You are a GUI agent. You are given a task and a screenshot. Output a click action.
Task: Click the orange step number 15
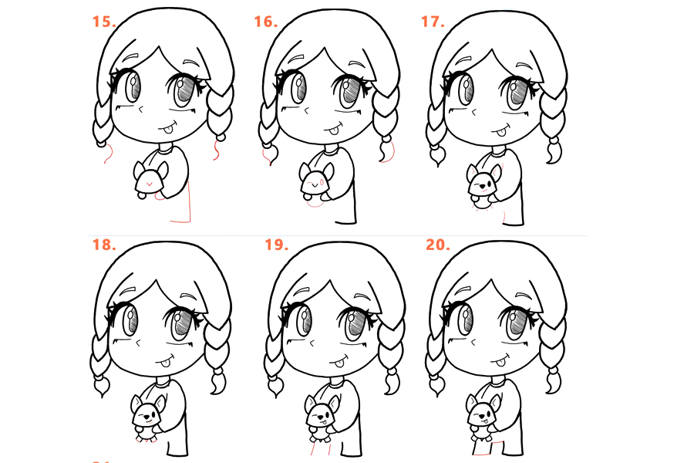104,22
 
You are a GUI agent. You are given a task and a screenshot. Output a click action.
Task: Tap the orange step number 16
265,22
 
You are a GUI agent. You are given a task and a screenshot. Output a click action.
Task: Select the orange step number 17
433,22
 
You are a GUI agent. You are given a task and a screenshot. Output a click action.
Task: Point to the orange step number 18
104,245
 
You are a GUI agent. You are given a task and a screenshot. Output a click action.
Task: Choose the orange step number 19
276,245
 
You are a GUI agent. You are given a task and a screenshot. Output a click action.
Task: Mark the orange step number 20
438,245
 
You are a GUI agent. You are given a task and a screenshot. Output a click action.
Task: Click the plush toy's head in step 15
150,181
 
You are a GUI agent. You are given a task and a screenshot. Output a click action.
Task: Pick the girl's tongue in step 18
163,364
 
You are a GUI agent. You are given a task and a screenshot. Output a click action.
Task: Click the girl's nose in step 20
473,343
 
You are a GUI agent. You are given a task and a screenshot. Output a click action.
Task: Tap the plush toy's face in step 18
147,416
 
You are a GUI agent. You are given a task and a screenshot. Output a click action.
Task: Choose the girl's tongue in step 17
501,131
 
